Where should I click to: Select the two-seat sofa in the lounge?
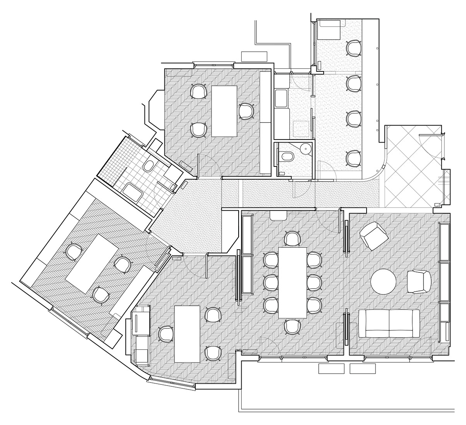(x=389, y=323)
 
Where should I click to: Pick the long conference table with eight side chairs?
(x=292, y=282)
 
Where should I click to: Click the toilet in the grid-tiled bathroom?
(x=149, y=166)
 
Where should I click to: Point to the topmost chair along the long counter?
(x=353, y=48)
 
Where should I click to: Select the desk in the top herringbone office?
(x=224, y=111)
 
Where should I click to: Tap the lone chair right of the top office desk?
(x=246, y=111)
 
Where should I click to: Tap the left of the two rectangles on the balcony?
(x=331, y=369)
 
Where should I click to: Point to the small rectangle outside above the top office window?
(x=254, y=56)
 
